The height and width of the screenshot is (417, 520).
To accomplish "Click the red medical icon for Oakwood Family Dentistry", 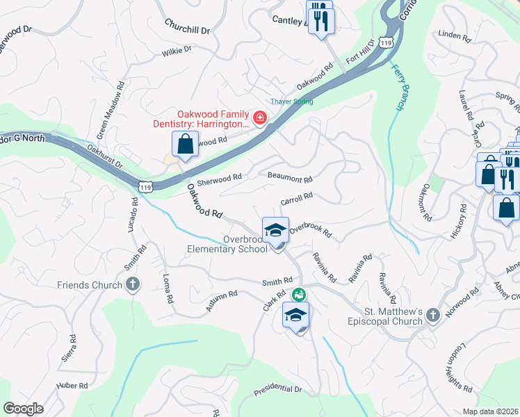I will (x=260, y=119).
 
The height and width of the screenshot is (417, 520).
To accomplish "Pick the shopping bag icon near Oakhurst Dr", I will (x=186, y=145).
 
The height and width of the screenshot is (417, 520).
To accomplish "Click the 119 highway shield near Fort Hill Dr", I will (x=387, y=43).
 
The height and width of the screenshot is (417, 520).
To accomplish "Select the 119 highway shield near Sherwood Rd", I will (x=145, y=187).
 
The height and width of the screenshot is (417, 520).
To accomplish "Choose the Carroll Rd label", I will (x=296, y=199).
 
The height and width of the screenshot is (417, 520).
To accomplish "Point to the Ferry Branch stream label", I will (x=398, y=87).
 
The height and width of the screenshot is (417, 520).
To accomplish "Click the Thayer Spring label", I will (x=291, y=101).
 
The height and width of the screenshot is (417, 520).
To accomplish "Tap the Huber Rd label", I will (x=73, y=385).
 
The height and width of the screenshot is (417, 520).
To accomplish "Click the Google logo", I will (x=23, y=409).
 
